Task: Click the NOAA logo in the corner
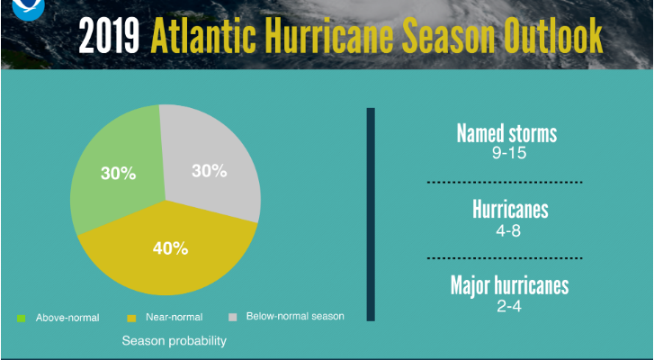point(28,8)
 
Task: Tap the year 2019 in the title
point(109,36)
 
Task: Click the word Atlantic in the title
point(203,35)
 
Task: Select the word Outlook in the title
point(553,35)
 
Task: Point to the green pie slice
point(121,166)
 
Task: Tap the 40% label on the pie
point(170,248)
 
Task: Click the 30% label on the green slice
point(119,174)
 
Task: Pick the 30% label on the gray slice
point(210,171)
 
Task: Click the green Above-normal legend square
point(21,319)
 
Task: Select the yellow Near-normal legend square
point(131,319)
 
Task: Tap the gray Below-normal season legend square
point(233,318)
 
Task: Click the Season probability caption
point(174,341)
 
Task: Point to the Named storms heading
point(506,133)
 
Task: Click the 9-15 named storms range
point(509,153)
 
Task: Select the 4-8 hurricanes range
point(508,230)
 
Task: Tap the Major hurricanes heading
point(509,285)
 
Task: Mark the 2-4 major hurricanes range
point(509,306)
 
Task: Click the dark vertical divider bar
point(371,214)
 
